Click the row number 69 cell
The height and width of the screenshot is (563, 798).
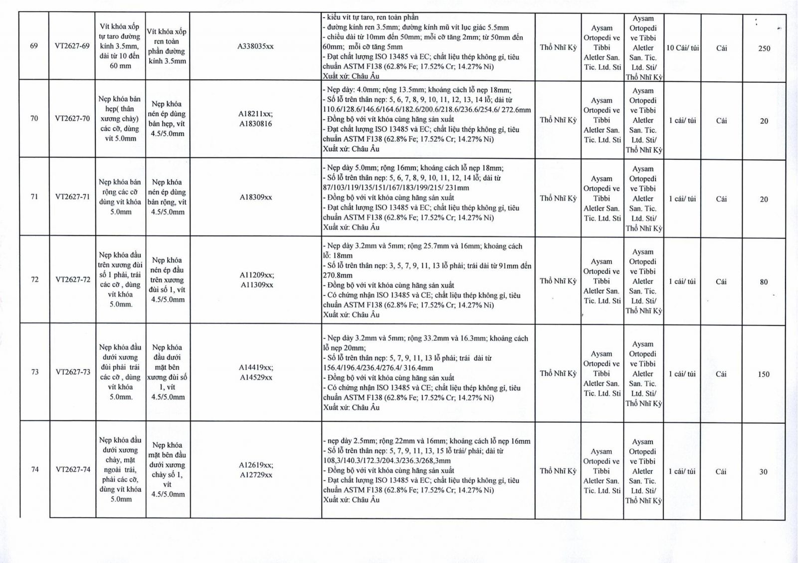(34, 46)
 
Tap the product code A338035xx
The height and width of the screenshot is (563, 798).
(255, 46)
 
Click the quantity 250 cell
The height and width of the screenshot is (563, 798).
(764, 48)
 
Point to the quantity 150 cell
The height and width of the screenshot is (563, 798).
(763, 374)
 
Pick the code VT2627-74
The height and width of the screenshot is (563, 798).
(73, 469)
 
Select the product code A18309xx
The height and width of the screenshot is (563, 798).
(255, 197)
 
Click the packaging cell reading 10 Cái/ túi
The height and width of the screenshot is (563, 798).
(682, 48)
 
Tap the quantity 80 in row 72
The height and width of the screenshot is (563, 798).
(764, 281)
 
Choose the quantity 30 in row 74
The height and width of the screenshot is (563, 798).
(763, 472)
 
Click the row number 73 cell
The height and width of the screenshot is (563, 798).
(34, 372)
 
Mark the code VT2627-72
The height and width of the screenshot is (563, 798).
(73, 280)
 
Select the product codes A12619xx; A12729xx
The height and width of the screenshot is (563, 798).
(256, 470)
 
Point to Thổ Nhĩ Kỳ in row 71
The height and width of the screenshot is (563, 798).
(558, 198)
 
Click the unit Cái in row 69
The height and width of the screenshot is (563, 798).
(721, 48)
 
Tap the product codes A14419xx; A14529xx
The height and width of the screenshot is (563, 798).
(256, 372)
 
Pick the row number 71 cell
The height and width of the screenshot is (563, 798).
(34, 197)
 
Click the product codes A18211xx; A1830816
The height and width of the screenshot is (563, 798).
(255, 119)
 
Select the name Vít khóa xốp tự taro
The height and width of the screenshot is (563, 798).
(120, 46)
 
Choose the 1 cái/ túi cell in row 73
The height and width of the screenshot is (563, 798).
(682, 374)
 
